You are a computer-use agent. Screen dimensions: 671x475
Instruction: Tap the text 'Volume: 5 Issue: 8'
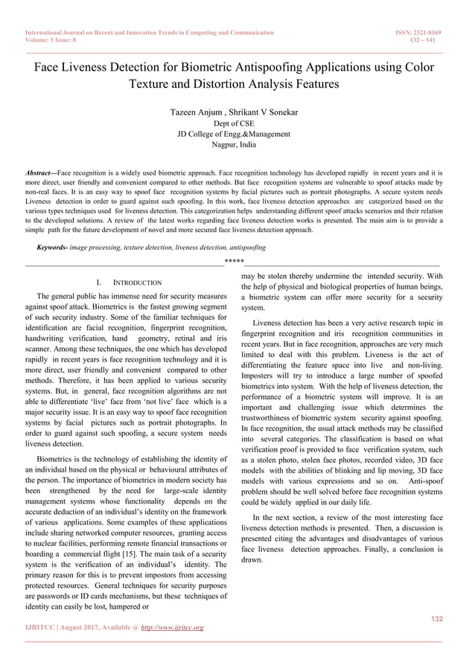54,42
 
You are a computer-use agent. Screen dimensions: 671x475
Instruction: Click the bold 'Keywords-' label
52,247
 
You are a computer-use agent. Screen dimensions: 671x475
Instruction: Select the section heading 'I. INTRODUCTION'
129,283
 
